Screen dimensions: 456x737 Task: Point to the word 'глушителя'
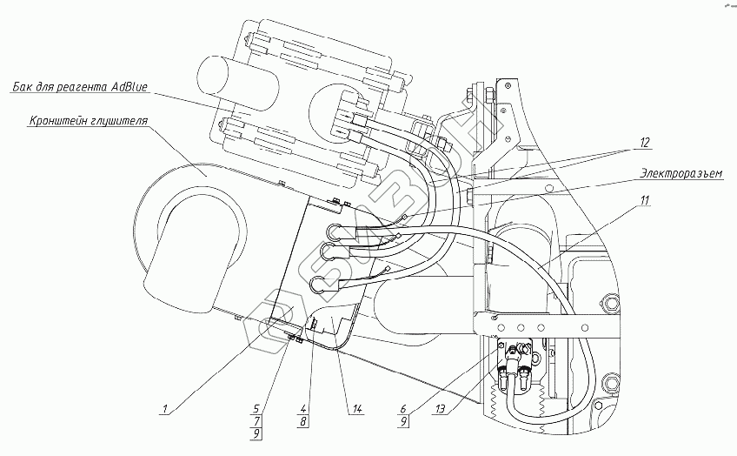tap(118, 118)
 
